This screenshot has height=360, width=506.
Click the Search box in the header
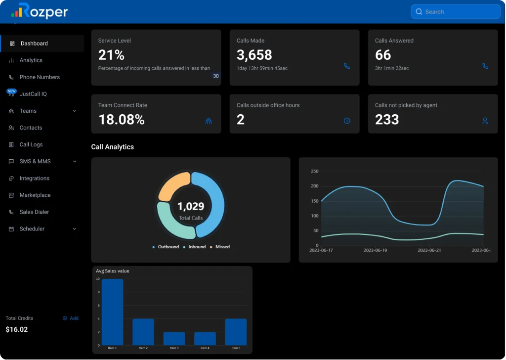coord(455,12)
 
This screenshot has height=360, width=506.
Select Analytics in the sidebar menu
coord(31,60)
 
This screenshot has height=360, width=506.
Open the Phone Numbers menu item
coord(40,77)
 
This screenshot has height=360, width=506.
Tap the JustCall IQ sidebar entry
coord(33,94)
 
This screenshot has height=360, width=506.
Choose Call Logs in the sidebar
coord(31,144)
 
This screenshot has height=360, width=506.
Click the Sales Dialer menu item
coord(34,212)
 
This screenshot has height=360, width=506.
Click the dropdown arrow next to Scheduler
coord(75,229)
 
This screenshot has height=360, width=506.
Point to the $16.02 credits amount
coord(17,329)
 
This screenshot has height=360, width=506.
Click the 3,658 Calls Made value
coord(254,55)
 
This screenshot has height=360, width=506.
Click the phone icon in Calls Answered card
coord(485,66)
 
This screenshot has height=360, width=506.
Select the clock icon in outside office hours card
coord(347,121)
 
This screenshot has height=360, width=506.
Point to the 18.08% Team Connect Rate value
coord(121,120)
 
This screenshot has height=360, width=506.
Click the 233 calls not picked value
coord(387,120)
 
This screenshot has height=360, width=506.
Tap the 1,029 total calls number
coord(191,206)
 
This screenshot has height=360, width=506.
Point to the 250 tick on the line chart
coord(314,172)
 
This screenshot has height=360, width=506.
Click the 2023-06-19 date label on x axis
coord(375,250)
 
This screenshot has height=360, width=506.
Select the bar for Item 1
coord(112,312)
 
